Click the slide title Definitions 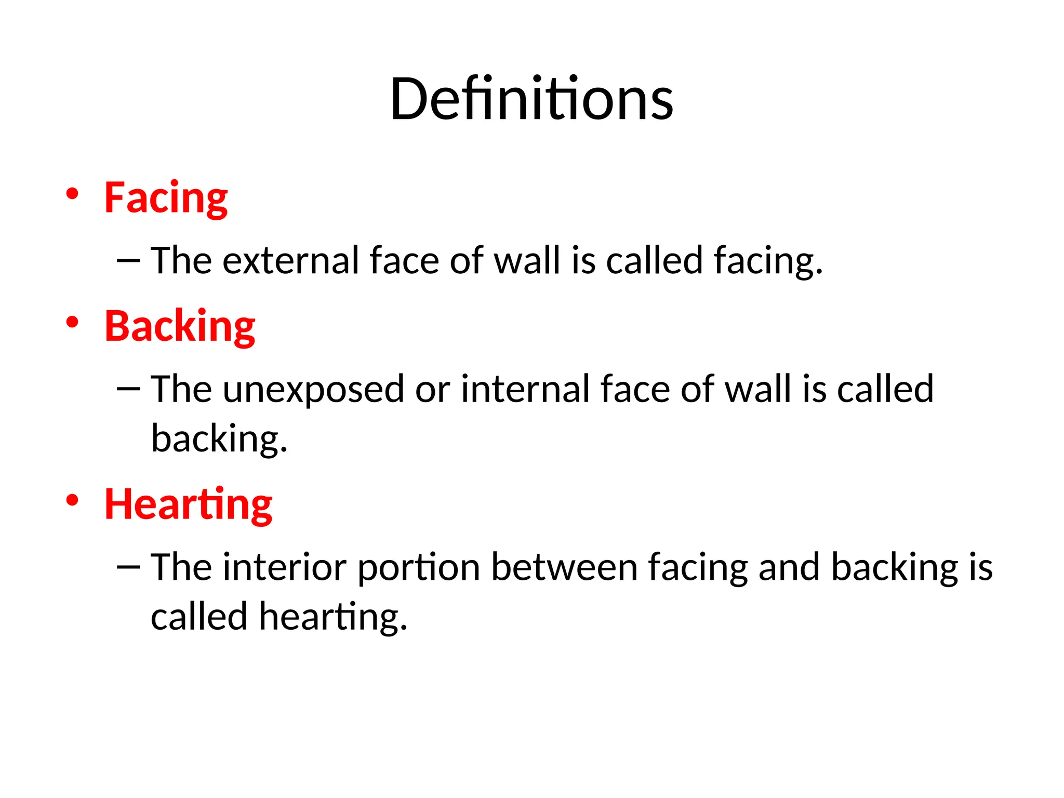(x=531, y=99)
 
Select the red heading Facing (x=166, y=198)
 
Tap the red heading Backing (x=180, y=326)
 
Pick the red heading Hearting (x=188, y=504)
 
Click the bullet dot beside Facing (x=72, y=194)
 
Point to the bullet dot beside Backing (x=72, y=322)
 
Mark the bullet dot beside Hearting (x=72, y=500)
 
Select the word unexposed (x=313, y=389)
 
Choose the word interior (x=285, y=567)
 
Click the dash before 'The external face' (x=128, y=260)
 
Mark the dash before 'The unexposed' (x=128, y=389)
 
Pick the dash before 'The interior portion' (x=128, y=567)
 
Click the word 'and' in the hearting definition (x=789, y=567)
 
